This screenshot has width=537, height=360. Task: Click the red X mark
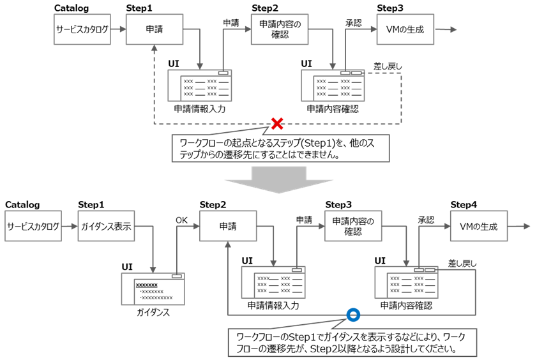pos(277,123)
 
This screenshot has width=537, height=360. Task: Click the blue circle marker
pos(352,315)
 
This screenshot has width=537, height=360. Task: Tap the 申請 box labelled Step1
pos(154,29)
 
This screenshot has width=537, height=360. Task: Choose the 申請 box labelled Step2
pos(228,227)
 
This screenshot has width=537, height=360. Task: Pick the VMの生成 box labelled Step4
pos(478,227)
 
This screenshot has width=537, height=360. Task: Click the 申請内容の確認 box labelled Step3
pos(353,227)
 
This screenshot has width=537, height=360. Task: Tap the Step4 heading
pos(464,205)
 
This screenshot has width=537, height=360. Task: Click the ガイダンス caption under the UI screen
pos(154,313)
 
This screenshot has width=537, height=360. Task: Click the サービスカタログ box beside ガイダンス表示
pos(34,227)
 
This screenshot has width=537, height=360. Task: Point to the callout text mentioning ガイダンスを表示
pos(351,341)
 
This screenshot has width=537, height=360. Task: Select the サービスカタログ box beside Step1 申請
pos(82,29)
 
